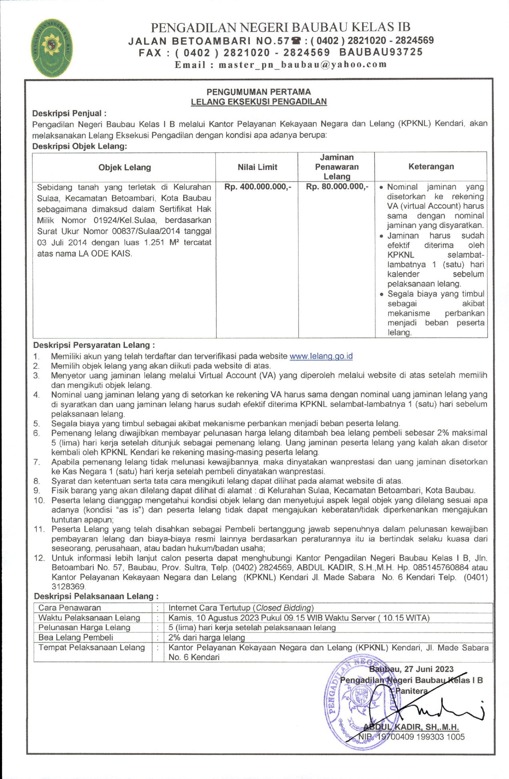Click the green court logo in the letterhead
coord(52,48)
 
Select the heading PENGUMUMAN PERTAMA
coord(259,92)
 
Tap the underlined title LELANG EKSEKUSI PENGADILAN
coord(259,102)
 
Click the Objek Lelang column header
coord(124,167)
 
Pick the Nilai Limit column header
coord(257,167)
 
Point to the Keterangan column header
coord(431,166)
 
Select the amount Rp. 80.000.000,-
coord(337,186)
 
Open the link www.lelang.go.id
coord(321,356)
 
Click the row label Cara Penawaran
coord(70,608)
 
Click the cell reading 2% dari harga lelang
coord(206,637)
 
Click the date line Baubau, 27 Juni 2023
coord(411,669)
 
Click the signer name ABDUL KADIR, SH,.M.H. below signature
coord(411,727)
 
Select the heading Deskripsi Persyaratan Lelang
coord(94,345)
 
